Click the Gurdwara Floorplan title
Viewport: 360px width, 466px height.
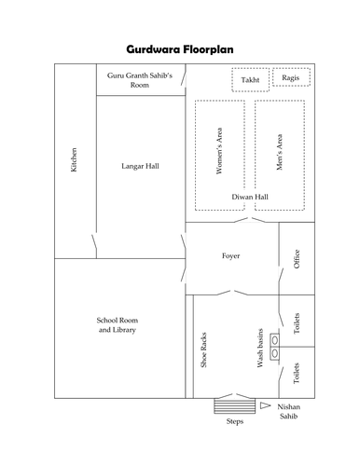180,49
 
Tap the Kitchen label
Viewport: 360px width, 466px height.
74,159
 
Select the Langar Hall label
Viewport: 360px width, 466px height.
140,166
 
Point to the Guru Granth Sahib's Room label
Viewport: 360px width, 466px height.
140,80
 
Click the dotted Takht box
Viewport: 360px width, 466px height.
251,69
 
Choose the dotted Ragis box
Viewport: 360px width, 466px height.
291,69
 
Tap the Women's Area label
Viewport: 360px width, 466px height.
219,151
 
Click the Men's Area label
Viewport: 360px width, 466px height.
280,152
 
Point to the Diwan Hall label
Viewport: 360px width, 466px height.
250,197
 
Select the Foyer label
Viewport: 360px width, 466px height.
230,255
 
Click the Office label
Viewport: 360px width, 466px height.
297,259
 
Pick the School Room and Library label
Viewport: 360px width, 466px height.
118,324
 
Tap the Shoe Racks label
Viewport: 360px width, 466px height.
203,350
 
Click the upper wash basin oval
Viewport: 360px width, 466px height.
275,340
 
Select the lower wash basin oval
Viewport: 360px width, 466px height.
275,353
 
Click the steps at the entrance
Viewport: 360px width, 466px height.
235,406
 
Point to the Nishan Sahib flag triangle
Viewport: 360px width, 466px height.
265,405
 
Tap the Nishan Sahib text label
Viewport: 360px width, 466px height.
288,411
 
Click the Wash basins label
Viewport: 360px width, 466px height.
260,348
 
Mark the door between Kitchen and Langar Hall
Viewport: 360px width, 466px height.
94,241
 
